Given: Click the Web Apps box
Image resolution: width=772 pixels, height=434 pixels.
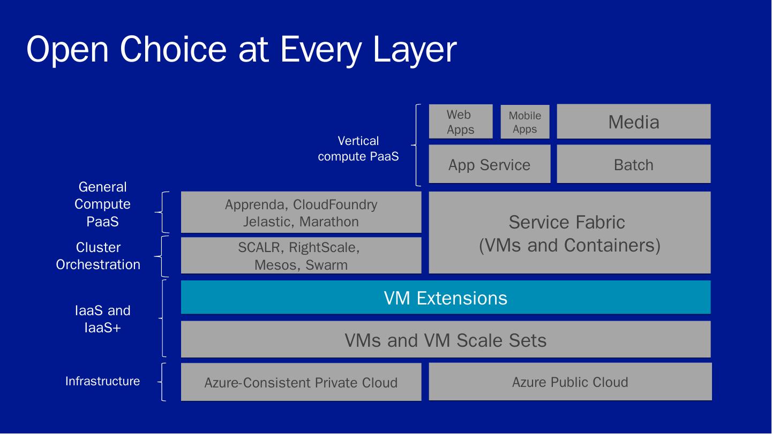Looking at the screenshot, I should pyautogui.click(x=460, y=121).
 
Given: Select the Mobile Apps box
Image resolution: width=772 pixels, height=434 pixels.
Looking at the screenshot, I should pyautogui.click(x=524, y=122).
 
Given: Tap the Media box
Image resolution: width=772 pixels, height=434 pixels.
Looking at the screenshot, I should pyautogui.click(x=633, y=121).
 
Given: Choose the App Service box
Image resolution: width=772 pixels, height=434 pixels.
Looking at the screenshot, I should pyautogui.click(x=489, y=164).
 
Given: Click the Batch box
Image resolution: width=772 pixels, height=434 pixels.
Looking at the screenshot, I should pyautogui.click(x=633, y=164).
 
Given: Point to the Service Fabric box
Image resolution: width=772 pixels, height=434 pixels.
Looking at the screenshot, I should pyautogui.click(x=569, y=233).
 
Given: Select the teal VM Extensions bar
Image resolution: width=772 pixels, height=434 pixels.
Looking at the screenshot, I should pyautogui.click(x=445, y=297).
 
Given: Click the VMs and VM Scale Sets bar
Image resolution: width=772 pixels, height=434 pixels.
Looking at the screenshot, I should pyautogui.click(x=445, y=339).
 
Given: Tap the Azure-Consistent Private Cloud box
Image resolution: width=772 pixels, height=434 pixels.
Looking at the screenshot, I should pyautogui.click(x=301, y=382).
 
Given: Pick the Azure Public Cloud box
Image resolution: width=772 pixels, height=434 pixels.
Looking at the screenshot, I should pyautogui.click(x=569, y=382).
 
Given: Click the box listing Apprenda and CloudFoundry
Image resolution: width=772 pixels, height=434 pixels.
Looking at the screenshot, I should pyautogui.click(x=301, y=212).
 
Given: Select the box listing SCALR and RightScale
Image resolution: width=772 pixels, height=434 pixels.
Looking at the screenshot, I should pyautogui.click(x=301, y=255).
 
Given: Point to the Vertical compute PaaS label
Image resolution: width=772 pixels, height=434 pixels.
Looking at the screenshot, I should pyautogui.click(x=358, y=148).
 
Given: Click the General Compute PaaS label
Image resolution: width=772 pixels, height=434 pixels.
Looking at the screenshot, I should pyautogui.click(x=102, y=204).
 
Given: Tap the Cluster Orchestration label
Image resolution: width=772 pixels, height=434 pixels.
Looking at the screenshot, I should pyautogui.click(x=98, y=256).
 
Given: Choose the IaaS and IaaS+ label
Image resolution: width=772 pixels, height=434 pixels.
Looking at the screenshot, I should pyautogui.click(x=102, y=318).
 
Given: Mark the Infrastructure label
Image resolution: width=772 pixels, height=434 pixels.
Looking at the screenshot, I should pyautogui.click(x=102, y=381).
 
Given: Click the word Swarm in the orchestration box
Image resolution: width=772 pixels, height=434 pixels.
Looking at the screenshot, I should pyautogui.click(x=326, y=265).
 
